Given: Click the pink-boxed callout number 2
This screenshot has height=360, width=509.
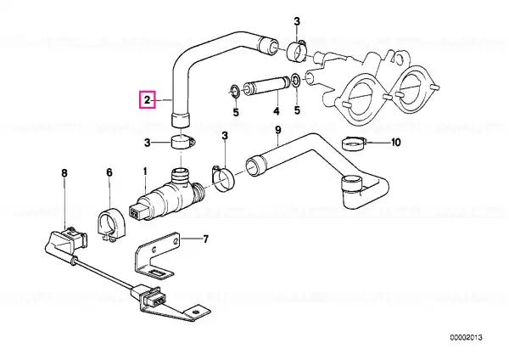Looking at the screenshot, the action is click(148, 99).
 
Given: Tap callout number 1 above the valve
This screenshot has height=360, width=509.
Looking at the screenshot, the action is click(145, 171).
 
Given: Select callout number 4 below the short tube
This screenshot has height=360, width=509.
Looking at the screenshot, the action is click(276, 111).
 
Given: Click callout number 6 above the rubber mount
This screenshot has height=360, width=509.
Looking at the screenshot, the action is click(109, 172).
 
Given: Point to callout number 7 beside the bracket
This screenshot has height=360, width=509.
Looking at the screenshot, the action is click(205, 239).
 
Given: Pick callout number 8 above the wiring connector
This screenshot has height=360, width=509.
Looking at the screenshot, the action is click(64, 173).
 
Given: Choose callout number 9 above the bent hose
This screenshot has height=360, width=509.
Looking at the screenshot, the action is click(278, 130).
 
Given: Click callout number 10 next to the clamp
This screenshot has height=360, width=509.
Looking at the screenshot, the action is click(396, 143).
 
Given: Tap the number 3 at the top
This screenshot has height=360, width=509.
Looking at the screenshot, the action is click(297, 22).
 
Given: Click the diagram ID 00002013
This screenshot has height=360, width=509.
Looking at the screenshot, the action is click(466, 338).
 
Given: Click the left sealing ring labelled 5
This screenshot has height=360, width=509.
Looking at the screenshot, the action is click(234, 91).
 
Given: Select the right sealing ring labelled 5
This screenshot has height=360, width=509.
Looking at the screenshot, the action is click(296, 81).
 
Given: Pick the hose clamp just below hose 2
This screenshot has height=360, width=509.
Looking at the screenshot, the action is click(182, 143).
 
